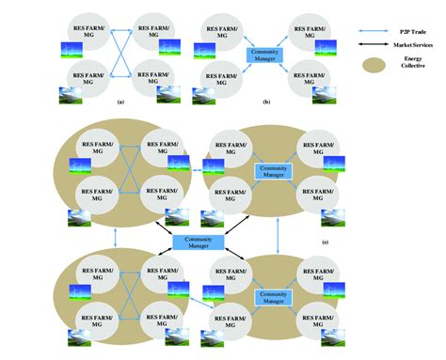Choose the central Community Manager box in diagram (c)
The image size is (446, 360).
pos(197,243)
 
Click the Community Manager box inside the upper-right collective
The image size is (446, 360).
pos(273,169)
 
